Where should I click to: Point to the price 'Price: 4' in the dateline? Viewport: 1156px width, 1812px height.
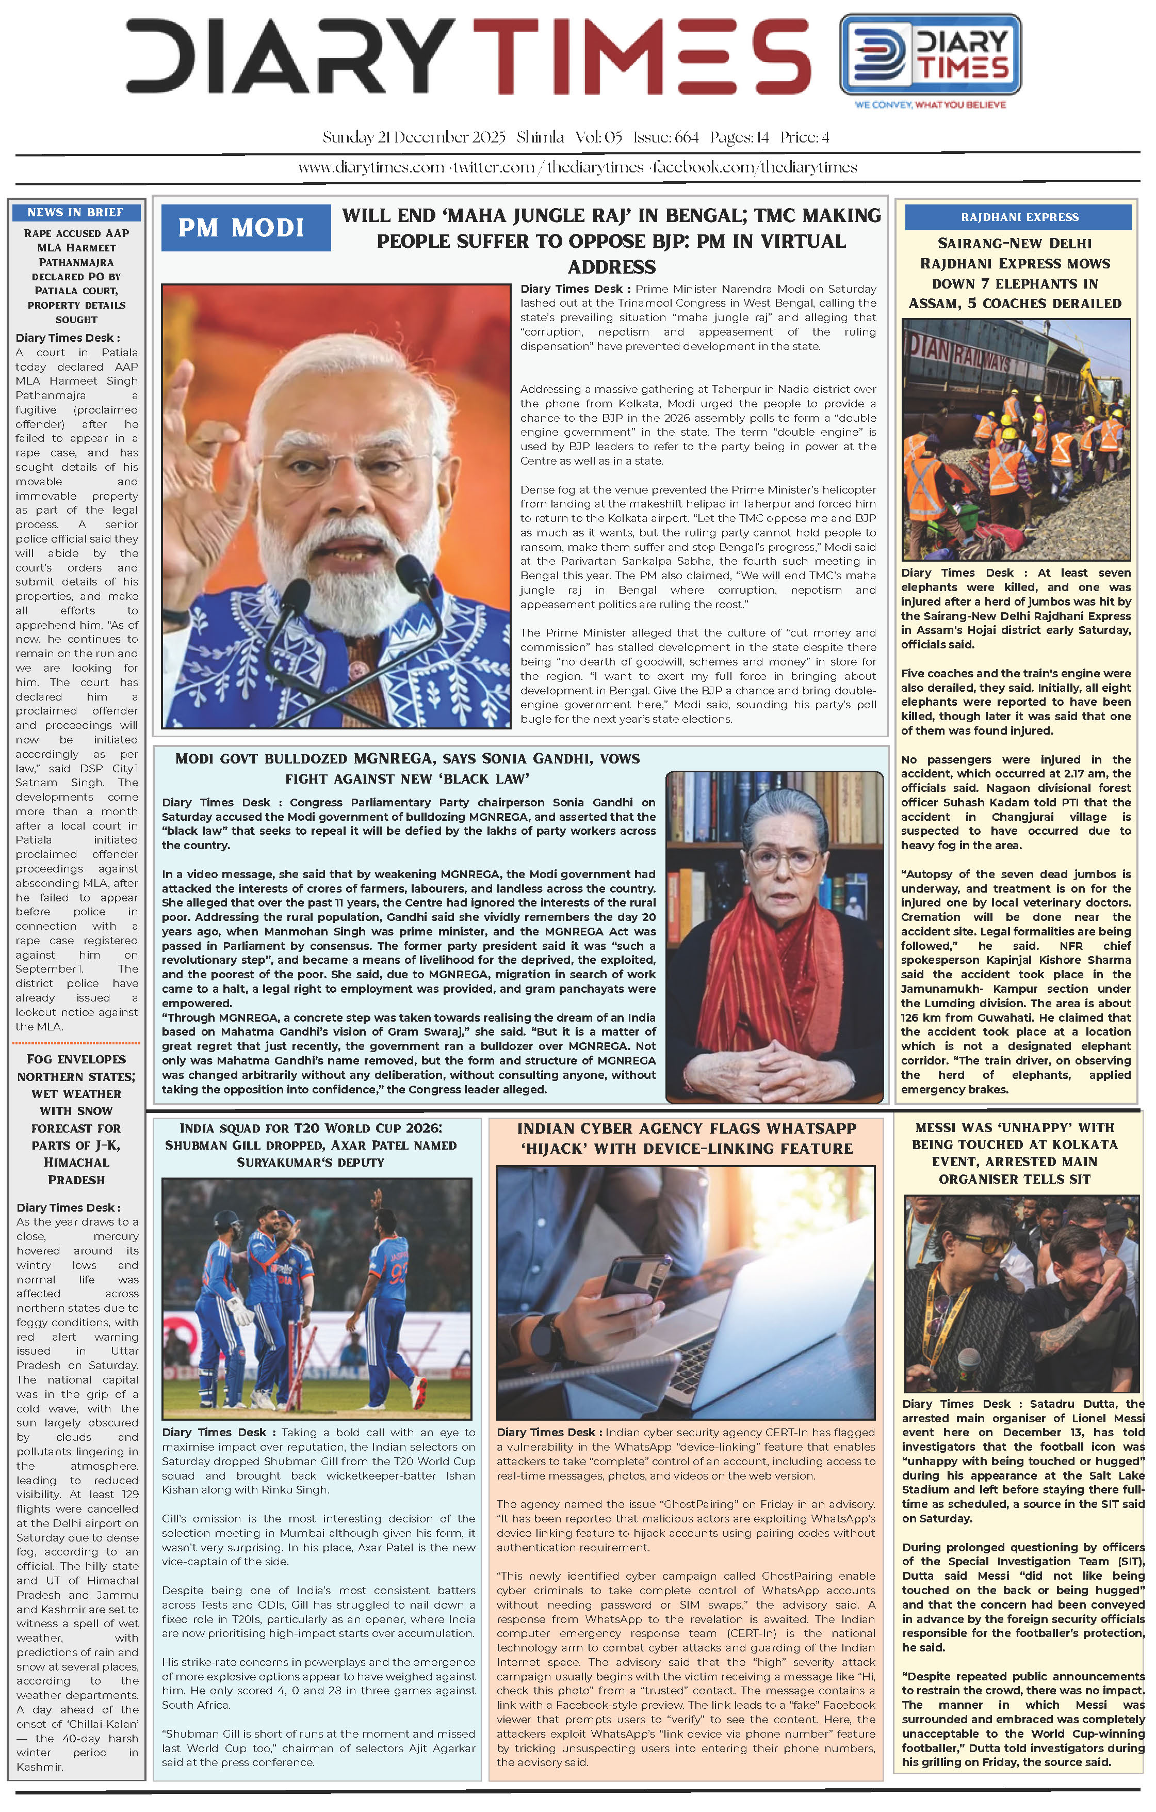coord(804,138)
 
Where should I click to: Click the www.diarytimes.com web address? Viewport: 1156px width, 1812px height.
coord(371,168)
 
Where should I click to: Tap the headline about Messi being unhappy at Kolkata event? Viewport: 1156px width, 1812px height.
coord(1015,1153)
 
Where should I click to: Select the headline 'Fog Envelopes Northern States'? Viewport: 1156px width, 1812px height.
coord(76,1119)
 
